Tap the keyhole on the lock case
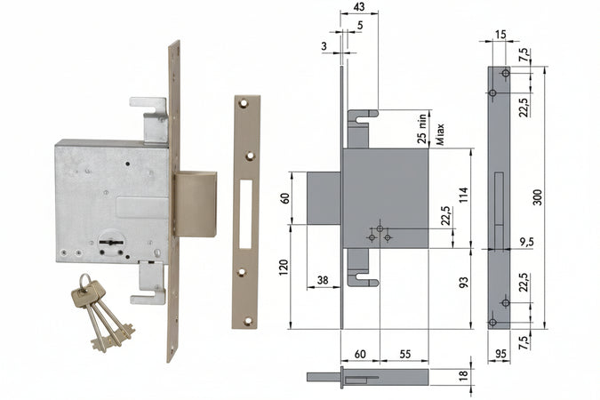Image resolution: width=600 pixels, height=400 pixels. pos(111,243)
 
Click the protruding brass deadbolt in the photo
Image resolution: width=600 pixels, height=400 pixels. pos(196,204)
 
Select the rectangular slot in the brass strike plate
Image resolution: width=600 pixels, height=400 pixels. pos(246,214)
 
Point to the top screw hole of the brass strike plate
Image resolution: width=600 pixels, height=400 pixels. pos(243,103)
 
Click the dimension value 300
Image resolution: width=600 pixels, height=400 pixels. pos(538,197)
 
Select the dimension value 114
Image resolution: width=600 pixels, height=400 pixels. pos(464,196)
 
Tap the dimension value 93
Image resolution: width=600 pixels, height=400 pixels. pos(464,283)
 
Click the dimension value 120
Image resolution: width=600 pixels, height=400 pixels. pos(284,268)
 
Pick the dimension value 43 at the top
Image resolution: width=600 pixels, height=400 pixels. pos(358,7)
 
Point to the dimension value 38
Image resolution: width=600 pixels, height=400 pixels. pos(323,281)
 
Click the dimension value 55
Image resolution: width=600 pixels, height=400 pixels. pos(404,354)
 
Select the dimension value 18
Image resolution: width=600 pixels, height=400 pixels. pos(464,375)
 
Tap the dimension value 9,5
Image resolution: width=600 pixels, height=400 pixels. pos(526,242)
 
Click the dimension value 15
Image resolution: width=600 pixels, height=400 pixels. pos(500,35)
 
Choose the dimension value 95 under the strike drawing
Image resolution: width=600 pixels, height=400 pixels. pos(500,354)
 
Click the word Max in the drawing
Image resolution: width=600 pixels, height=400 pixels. pos(441,134)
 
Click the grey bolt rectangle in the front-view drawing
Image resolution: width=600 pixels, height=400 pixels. pos(324,198)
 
